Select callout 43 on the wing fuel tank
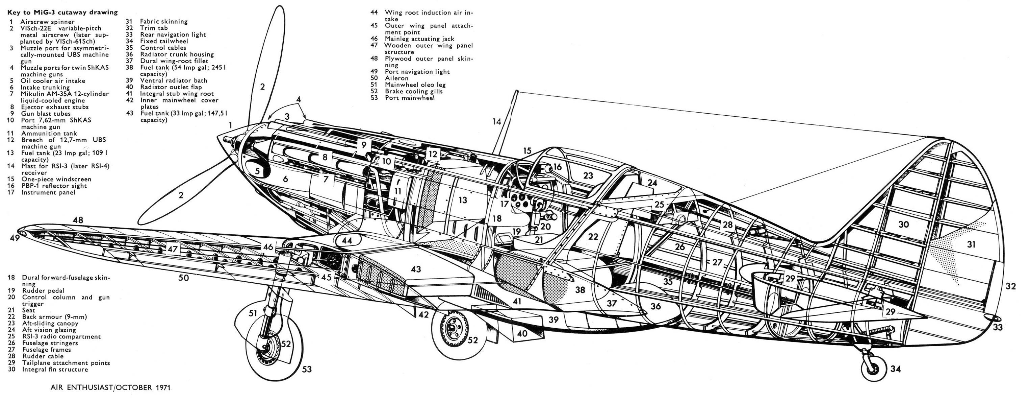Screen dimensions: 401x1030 [x=416, y=269]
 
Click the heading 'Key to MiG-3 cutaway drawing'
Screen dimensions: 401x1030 [x=62, y=12]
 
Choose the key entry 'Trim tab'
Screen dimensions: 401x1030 [x=154, y=28]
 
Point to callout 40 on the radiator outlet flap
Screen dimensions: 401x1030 [x=522, y=333]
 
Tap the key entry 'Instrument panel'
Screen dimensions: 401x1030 [x=48, y=192]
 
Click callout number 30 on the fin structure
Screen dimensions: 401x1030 [x=904, y=225]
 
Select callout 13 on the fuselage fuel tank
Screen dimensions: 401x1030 [x=463, y=200]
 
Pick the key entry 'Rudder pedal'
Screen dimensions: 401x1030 [x=43, y=290]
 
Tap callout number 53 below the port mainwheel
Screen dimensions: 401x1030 [x=306, y=369]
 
